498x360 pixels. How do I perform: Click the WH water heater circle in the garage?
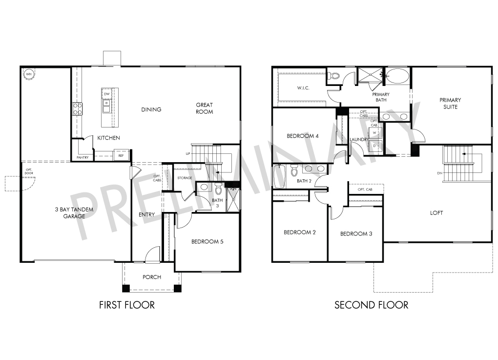29,74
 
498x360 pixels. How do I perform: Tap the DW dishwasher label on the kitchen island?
107,94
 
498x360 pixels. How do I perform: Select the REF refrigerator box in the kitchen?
121,155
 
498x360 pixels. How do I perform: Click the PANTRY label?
83,158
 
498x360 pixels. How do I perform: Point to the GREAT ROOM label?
204,108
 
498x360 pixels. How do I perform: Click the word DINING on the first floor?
151,109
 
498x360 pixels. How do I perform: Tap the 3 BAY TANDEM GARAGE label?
74,213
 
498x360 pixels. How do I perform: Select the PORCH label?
152,277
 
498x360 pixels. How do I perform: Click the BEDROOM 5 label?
207,241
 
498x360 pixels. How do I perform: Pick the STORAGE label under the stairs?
185,178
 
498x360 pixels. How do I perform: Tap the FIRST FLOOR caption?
127,305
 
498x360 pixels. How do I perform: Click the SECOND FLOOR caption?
371,305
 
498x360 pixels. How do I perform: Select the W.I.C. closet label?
303,88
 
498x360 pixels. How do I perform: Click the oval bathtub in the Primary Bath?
397,76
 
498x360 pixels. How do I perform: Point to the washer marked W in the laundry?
375,133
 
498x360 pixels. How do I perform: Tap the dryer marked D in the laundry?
375,146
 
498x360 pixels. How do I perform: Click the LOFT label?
436,213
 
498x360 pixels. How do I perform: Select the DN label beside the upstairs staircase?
439,173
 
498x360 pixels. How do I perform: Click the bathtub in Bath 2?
280,176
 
